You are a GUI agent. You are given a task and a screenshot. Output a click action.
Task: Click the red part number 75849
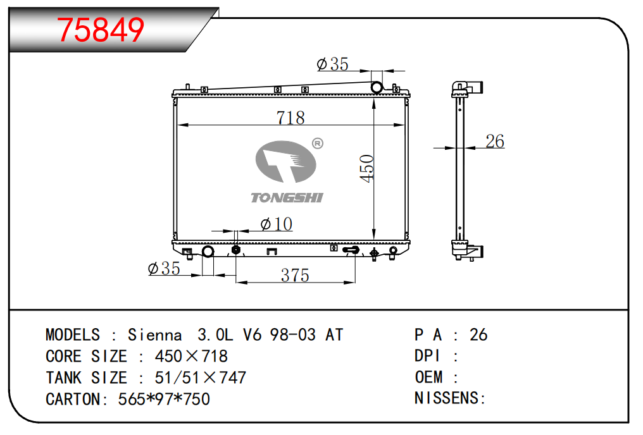point(101,30)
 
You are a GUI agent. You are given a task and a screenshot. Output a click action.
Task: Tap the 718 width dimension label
point(290,118)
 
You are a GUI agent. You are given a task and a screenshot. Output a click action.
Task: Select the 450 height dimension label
point(366,168)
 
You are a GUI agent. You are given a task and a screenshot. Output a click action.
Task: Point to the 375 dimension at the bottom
point(295,275)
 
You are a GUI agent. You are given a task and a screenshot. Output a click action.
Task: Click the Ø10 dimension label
point(276,224)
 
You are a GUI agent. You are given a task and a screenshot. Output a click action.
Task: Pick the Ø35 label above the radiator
point(332,64)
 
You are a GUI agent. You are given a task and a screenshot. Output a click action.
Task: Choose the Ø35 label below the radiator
point(164,268)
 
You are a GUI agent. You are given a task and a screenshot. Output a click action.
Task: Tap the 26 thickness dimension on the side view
point(494,142)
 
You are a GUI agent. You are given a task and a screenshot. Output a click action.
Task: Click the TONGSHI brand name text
point(287,198)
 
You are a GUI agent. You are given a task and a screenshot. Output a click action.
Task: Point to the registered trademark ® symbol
point(318,144)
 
